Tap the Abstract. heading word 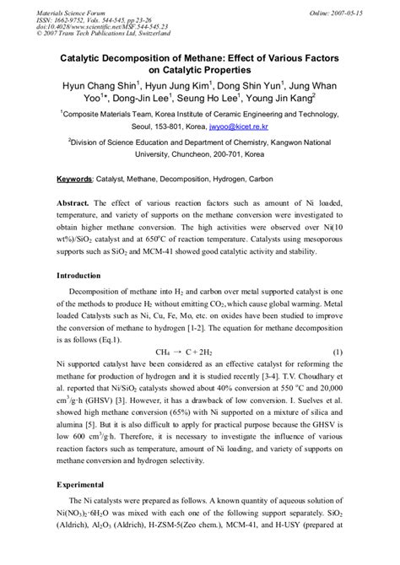tap(73, 203)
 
